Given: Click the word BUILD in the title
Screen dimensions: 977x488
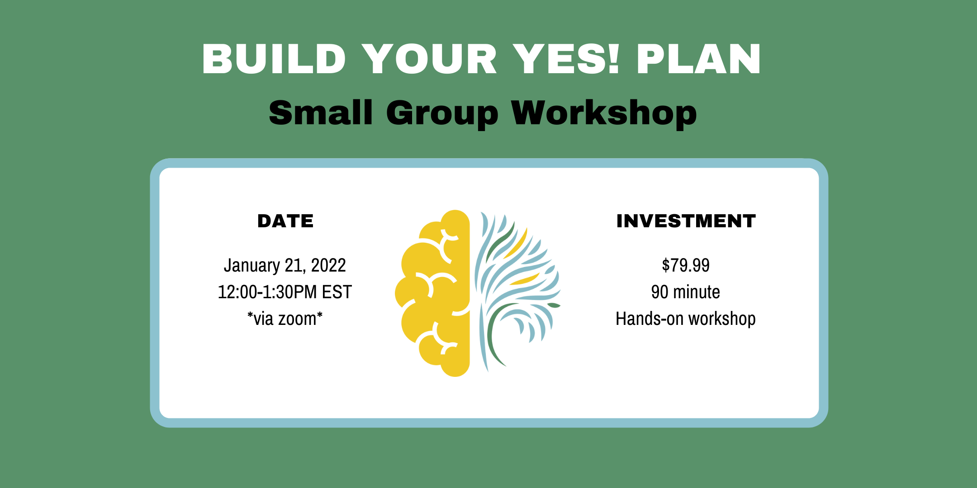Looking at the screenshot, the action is [274, 59].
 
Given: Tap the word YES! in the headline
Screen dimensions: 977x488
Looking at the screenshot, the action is [565, 59].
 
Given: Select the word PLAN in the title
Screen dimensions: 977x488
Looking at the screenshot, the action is [699, 59].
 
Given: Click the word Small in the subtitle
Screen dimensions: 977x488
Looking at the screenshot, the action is [321, 113].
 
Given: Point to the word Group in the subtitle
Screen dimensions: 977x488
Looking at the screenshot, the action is [442, 114].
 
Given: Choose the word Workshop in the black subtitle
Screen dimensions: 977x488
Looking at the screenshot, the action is [604, 114].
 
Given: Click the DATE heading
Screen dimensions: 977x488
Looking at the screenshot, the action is [285, 221].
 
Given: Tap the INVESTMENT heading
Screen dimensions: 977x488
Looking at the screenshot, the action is [686, 221].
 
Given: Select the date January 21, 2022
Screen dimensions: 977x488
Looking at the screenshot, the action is [285, 266].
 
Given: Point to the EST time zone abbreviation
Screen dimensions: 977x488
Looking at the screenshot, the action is [337, 292].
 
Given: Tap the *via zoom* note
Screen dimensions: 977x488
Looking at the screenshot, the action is [285, 319].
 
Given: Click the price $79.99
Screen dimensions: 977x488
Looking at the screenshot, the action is [686, 265].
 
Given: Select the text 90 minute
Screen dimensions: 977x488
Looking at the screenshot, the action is [686, 292].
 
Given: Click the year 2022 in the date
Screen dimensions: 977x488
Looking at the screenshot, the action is [328, 266].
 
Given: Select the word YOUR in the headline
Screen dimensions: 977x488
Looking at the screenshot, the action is [429, 59].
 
